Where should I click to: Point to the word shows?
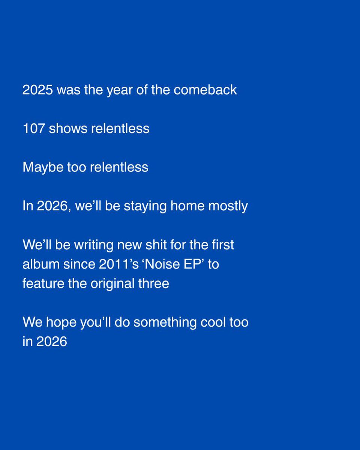tap(66, 129)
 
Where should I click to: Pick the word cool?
tap(215, 322)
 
